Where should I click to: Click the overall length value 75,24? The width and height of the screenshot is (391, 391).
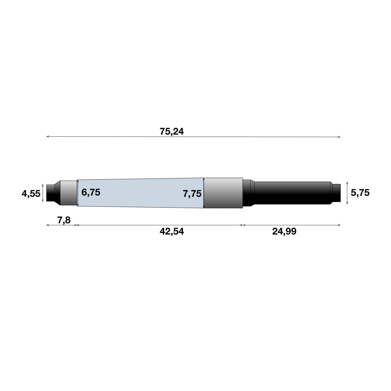click(x=171, y=132)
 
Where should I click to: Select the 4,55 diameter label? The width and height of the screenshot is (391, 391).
click(x=31, y=194)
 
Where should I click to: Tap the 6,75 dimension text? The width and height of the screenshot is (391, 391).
click(x=91, y=192)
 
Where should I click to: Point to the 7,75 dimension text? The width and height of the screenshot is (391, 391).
click(x=192, y=194)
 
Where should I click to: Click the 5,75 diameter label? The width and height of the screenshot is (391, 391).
click(x=360, y=193)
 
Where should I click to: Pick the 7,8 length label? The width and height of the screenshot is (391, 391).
click(x=64, y=220)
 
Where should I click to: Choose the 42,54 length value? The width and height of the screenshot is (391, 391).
click(x=171, y=232)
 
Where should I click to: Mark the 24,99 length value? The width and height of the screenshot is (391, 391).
click(x=284, y=232)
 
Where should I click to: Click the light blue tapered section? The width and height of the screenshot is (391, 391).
click(x=139, y=193)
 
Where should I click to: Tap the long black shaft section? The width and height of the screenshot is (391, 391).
click(x=291, y=193)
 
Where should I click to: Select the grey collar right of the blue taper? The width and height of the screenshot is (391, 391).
click(x=223, y=193)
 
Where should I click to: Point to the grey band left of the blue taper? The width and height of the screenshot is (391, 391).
click(x=68, y=193)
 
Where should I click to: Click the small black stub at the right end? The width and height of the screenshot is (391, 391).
click(x=336, y=193)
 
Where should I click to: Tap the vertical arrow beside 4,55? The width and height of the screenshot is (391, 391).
click(x=43, y=193)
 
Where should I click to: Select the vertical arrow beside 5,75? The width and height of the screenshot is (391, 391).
click(x=347, y=193)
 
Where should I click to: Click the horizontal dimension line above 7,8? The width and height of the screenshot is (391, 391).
click(x=62, y=225)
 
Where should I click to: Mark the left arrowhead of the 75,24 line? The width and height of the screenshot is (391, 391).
click(x=48, y=136)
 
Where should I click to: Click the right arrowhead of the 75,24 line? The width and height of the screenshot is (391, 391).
click(x=339, y=136)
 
